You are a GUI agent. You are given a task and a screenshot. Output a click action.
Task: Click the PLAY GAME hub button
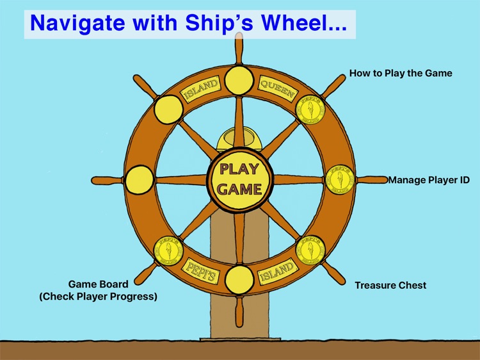(239, 179)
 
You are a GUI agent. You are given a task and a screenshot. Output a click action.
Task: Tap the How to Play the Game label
(401, 73)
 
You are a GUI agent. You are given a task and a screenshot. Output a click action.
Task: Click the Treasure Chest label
(390, 285)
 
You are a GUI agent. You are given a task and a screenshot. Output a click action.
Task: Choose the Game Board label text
(112, 290)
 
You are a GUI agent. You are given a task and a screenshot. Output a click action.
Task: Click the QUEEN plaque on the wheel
(277, 88)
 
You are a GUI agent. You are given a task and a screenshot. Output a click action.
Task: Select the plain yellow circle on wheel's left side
(140, 180)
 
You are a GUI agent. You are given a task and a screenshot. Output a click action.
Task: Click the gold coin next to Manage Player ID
(340, 180)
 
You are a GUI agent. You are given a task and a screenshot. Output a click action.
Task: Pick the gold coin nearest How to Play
(310, 110)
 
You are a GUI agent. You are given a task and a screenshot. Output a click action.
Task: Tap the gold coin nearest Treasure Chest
(310, 250)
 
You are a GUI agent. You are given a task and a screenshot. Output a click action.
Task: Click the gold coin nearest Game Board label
(169, 250)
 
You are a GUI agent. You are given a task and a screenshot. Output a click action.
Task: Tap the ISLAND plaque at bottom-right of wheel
(277, 272)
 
